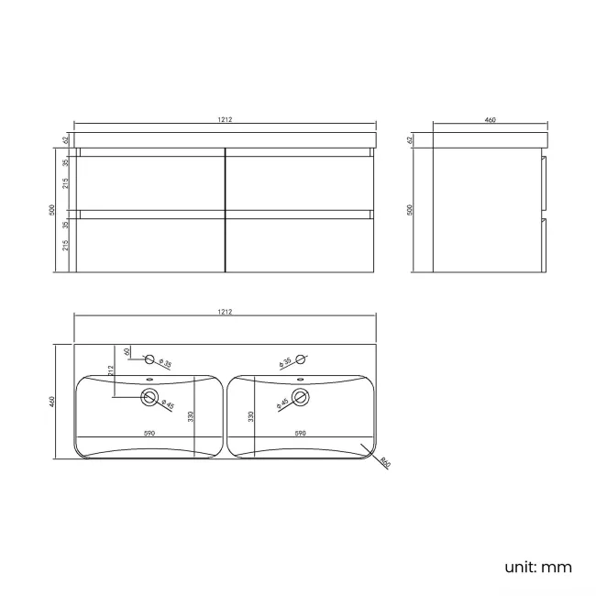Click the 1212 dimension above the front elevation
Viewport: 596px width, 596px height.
point(225,118)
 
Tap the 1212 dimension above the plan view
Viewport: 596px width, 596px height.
point(225,312)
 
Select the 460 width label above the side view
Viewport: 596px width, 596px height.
point(490,118)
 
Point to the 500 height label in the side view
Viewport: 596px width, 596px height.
point(410,209)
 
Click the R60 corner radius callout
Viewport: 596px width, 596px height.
point(385,463)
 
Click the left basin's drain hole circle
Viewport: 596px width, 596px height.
point(149,397)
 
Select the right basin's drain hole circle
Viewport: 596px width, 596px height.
point(304,397)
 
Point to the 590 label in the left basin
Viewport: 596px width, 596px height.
point(149,432)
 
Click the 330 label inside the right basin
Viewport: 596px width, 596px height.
point(251,416)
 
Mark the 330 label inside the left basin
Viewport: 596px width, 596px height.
point(191,416)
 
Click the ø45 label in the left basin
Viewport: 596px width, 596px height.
point(167,403)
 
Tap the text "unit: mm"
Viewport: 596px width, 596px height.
point(537,567)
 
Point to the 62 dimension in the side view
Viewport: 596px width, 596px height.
point(410,140)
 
